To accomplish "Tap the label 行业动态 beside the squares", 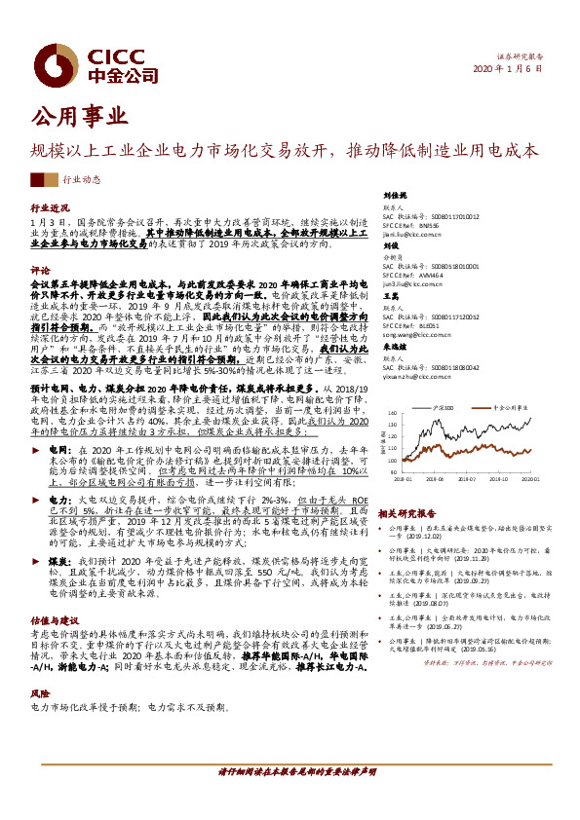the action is (82, 179).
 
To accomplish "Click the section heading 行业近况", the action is (50, 208).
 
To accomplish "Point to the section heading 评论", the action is (40, 269).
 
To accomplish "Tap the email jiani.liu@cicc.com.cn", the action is (413, 234).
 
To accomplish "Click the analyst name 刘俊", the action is (392, 247).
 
